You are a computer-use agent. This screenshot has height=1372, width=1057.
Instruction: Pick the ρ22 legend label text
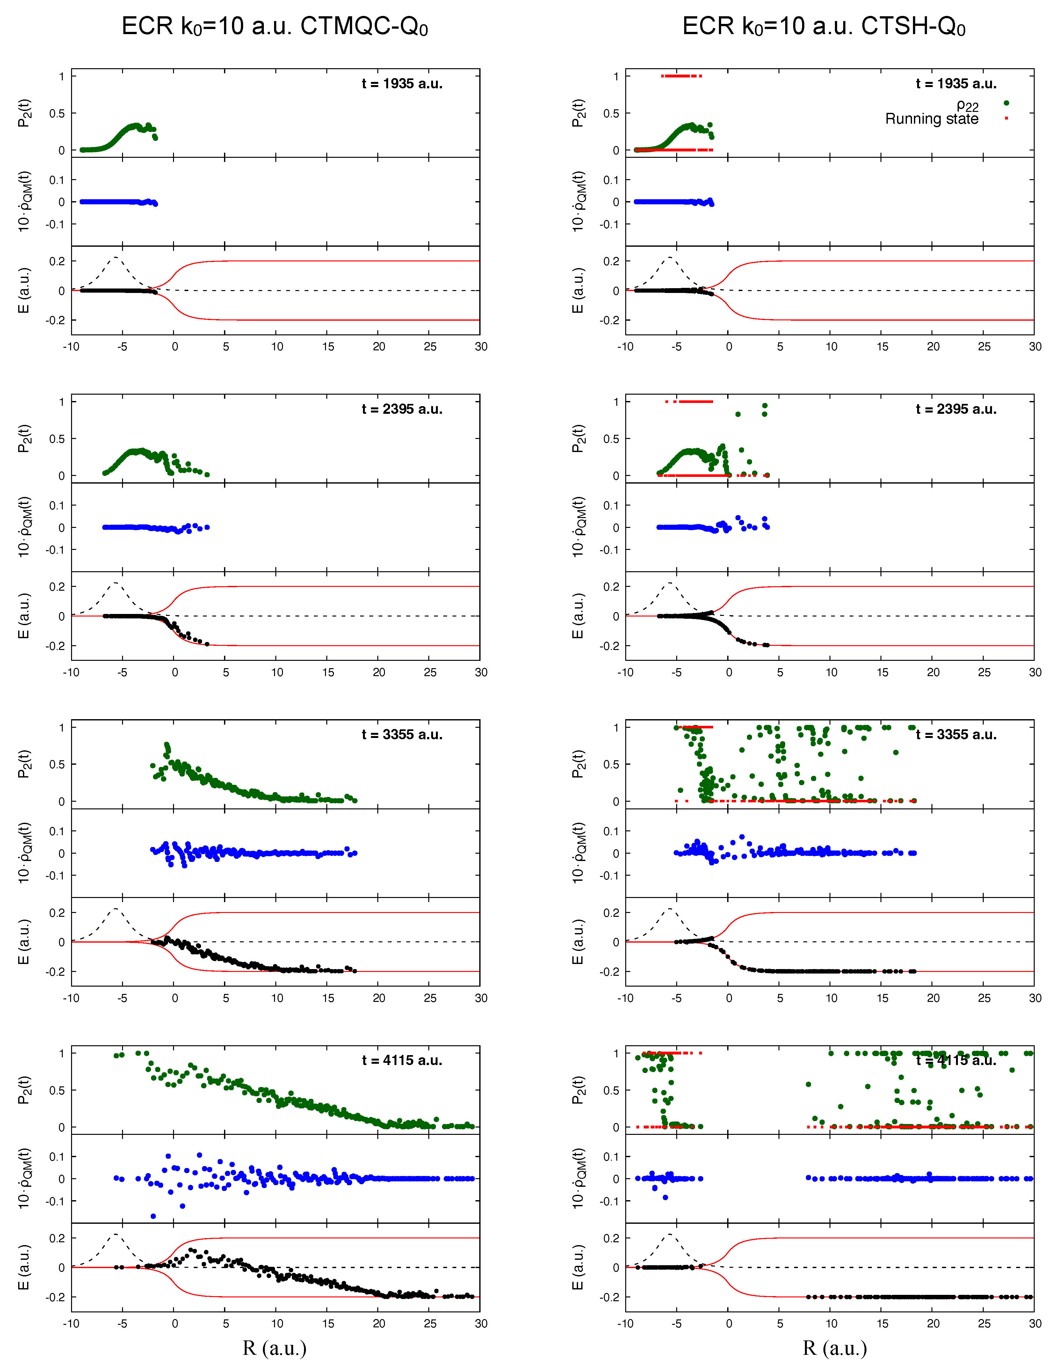point(967,106)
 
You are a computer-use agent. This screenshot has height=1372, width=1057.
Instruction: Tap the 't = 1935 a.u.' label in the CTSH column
point(956,84)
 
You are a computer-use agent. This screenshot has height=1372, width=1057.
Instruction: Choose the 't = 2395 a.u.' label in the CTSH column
point(956,409)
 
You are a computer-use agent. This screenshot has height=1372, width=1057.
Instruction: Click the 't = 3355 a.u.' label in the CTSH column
point(956,734)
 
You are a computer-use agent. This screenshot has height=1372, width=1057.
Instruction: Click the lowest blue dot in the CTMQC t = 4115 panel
point(153,1216)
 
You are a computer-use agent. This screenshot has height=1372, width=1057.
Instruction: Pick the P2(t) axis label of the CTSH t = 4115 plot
point(578,1090)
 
